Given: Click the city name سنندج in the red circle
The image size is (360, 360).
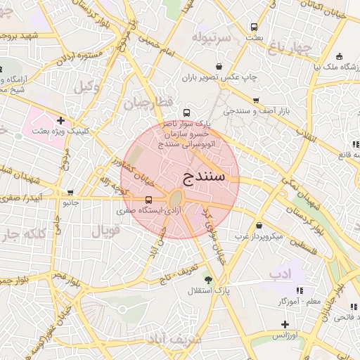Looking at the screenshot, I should [203, 175].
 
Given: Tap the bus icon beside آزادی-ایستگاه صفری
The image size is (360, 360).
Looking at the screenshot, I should [148, 199].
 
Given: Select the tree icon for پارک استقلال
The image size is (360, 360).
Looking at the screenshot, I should [207, 279].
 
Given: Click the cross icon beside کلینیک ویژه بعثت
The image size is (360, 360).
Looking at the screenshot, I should [61, 120].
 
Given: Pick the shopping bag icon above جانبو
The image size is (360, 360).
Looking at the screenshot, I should [70, 192].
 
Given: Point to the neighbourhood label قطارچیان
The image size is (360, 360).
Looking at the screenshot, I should [148, 103].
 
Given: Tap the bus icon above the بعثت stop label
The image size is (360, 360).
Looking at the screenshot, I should [254, 27].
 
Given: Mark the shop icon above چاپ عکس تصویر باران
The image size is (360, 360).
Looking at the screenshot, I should [219, 67].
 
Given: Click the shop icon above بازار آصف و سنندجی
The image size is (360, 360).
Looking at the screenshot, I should [256, 101].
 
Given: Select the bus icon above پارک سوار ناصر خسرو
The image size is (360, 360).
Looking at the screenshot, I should [186, 112].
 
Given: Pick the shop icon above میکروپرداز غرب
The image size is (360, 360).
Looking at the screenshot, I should [259, 226].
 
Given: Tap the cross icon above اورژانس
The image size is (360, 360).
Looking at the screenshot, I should [285, 324].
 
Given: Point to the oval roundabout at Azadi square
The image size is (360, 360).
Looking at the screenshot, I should [176, 198].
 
